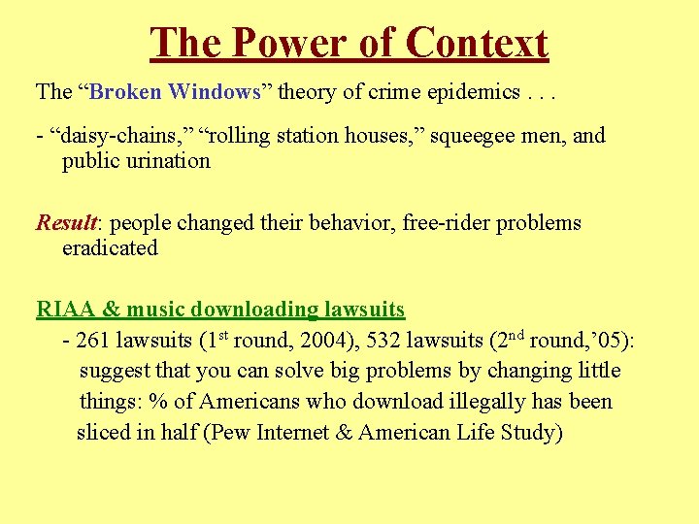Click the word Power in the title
[291, 44]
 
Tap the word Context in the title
[478, 44]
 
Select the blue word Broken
[127, 92]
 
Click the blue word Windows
[214, 92]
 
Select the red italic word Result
[65, 223]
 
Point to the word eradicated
[110, 248]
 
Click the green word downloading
[254, 311]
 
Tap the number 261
[95, 342]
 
